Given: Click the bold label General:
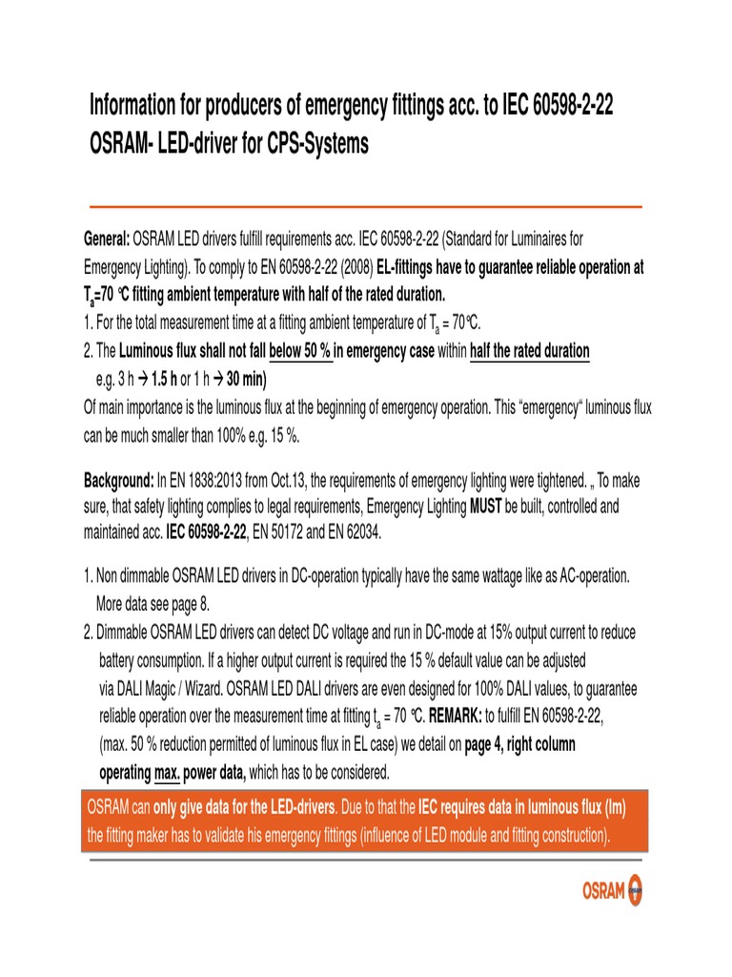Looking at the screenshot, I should tap(107, 237).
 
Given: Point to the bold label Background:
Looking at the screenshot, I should tap(119, 479).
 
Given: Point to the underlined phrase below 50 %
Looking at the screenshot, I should tap(301, 352).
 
